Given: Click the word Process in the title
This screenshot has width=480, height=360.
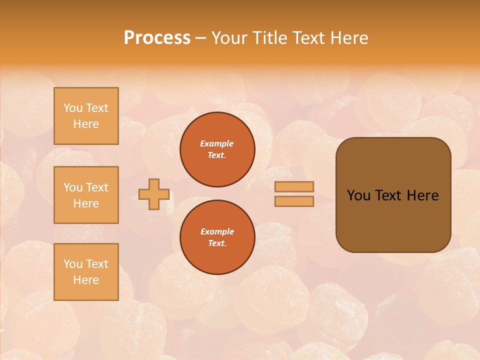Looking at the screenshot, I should click(x=157, y=38).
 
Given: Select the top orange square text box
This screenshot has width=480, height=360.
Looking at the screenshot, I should click(x=86, y=116).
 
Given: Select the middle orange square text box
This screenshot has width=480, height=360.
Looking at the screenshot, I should click(x=86, y=195).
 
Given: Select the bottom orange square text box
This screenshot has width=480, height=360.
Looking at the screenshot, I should click(x=86, y=272).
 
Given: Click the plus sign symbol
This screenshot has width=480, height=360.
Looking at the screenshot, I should click(x=154, y=194).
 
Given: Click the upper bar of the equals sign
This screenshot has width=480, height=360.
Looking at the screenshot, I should click(x=294, y=186).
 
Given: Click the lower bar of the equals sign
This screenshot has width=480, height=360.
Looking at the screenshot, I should click(x=294, y=201).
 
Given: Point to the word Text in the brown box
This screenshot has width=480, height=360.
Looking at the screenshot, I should click(x=388, y=195).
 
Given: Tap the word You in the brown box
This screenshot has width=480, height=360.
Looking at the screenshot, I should click(x=358, y=195).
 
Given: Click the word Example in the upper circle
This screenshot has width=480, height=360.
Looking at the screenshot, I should click(x=217, y=143).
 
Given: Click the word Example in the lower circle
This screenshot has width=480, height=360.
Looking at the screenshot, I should click(x=217, y=231).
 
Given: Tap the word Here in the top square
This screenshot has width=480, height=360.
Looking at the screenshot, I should click(x=86, y=124).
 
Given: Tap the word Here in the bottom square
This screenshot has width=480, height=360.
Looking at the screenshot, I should click(x=86, y=280).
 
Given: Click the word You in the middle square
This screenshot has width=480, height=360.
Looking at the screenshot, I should click(x=72, y=187).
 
